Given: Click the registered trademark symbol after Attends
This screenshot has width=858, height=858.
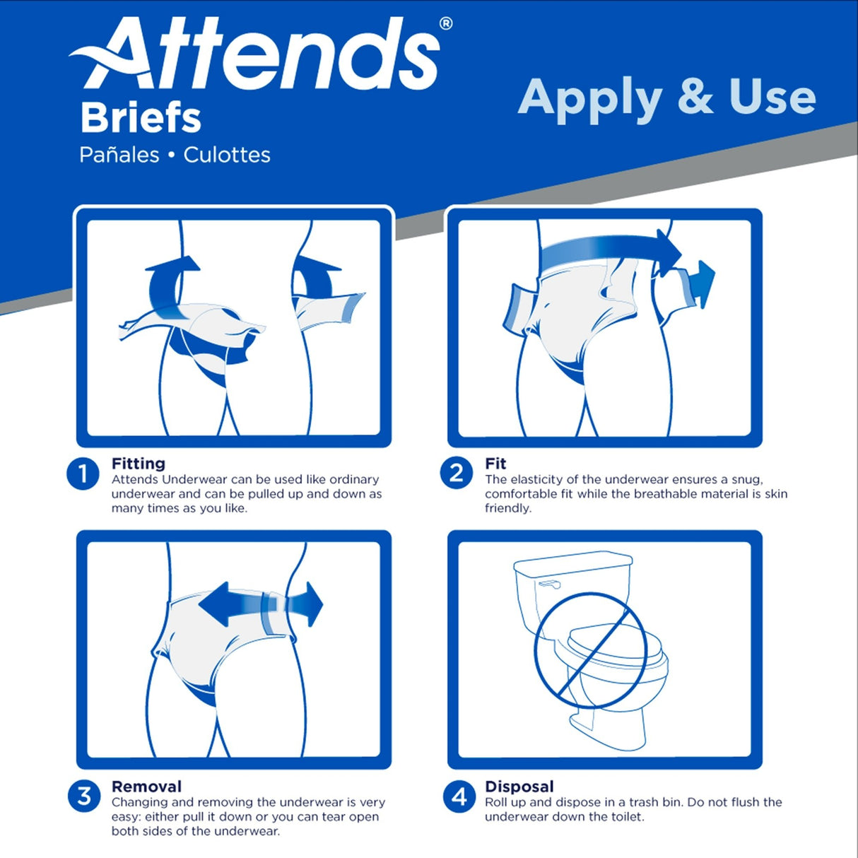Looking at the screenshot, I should point(445,23).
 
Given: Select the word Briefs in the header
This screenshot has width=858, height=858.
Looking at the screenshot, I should point(141,118).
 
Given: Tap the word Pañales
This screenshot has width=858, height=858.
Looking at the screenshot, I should point(119,155).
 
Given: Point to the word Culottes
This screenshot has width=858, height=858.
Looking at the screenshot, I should point(227,155).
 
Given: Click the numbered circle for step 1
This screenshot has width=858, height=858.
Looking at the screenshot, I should point(83,474).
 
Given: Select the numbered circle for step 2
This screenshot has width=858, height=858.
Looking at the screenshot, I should point(457,473).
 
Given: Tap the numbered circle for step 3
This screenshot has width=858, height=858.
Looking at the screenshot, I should point(84,796).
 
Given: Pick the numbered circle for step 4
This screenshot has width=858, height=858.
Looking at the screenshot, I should point(459,797).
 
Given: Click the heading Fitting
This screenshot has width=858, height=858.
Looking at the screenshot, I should point(139,464).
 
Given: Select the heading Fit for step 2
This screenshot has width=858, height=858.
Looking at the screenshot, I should point(495,464).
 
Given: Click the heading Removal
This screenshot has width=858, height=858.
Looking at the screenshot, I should point(146,787).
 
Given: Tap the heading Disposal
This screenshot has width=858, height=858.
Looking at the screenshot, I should point(519,787).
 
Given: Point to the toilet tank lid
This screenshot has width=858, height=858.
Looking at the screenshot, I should point(572,563).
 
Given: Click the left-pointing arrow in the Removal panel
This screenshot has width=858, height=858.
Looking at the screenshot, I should point(226,604).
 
